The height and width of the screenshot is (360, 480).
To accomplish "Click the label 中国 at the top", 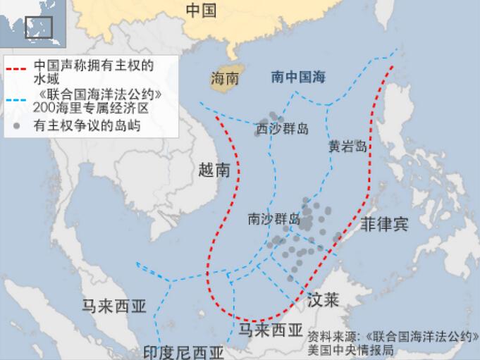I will tap(201, 10).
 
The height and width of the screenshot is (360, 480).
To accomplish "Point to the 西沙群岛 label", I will tap(281, 129).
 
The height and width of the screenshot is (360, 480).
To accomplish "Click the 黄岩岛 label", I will tap(347, 147).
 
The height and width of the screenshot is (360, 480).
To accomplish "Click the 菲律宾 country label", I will tap(384, 225).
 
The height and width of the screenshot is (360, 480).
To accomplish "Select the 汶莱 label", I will tap(324, 300).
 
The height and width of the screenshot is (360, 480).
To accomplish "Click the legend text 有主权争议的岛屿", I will tap(87, 127).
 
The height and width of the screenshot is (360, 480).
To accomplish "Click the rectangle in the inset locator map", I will tap(39, 27).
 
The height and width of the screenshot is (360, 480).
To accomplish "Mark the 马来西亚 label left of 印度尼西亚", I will tap(114, 306).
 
